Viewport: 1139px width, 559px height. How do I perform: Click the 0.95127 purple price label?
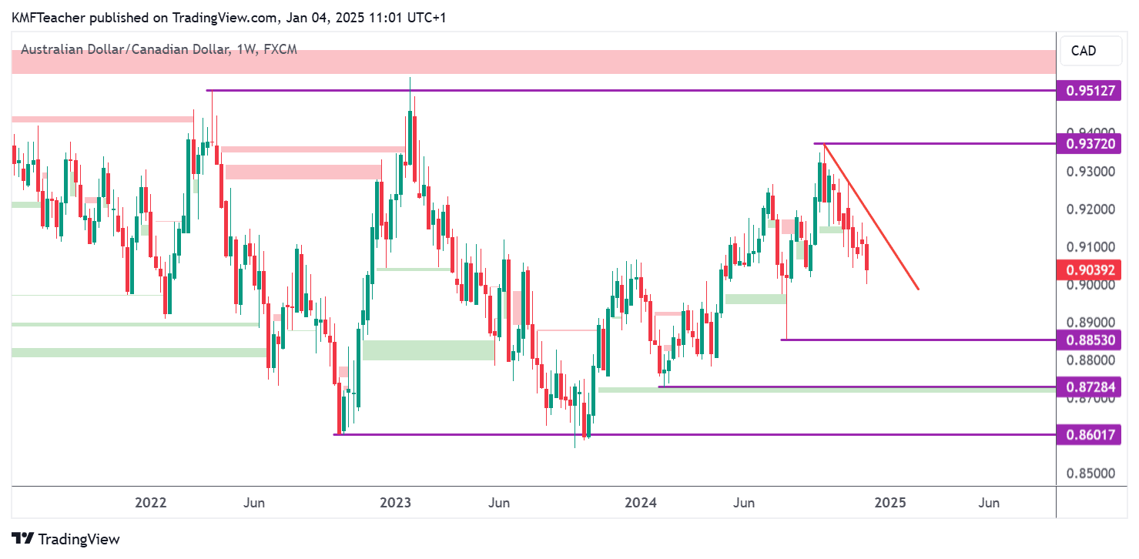pos(1090,91)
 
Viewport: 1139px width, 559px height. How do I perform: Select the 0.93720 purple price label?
pos(1090,143)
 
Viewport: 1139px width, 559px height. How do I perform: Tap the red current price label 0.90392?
pos(1090,269)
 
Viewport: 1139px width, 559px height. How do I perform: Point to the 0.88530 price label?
pos(1090,340)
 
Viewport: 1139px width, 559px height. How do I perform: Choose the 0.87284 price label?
pos(1090,387)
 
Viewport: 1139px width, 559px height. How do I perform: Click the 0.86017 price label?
pos(1090,434)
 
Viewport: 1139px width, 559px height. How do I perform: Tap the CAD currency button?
pos(1084,51)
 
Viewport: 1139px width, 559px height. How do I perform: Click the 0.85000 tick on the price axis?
pos(1089,474)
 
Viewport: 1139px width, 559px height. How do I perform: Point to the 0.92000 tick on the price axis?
pos(1089,209)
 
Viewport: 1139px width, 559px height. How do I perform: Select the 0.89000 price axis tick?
pos(1089,323)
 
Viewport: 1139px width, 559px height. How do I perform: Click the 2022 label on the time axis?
pos(151,503)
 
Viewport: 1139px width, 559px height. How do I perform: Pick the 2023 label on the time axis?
pos(396,503)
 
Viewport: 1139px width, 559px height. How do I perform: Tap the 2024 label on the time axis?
pos(641,503)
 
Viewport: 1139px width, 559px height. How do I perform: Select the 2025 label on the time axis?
pos(890,503)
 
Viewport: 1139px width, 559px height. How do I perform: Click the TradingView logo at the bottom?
pos(65,539)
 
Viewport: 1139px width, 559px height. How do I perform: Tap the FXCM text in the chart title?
pos(280,49)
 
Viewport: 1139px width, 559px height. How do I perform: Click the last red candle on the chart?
pos(867,257)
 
